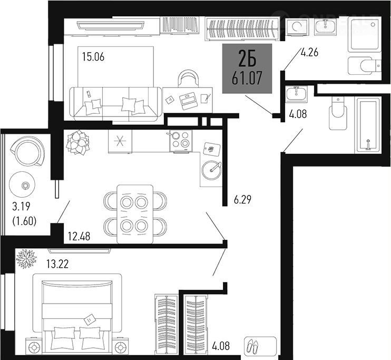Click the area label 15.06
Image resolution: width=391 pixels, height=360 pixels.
(x=93, y=57)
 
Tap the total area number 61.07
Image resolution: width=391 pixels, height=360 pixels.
(x=247, y=78)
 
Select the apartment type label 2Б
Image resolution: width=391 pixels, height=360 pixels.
(x=247, y=59)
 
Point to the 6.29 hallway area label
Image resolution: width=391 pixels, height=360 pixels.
(x=242, y=200)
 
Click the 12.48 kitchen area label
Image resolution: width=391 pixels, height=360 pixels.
(x=79, y=236)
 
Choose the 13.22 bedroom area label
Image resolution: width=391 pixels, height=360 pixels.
(x=57, y=264)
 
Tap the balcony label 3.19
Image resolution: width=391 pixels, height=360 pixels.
(x=21, y=206)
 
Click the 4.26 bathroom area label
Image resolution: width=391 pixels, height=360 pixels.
(x=310, y=52)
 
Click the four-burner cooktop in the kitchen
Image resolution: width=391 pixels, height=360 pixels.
(x=181, y=140)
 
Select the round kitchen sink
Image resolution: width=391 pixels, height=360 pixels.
(x=211, y=170)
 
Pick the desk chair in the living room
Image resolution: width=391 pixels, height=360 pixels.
(x=189, y=79)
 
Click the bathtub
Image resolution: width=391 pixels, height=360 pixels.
(x=368, y=125)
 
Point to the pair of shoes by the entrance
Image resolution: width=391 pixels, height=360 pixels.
(x=252, y=346)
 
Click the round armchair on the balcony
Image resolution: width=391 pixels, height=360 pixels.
(x=28, y=151)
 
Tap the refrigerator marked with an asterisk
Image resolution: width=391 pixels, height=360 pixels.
(x=120, y=141)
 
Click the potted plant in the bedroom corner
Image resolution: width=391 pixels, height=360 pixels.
(x=26, y=258)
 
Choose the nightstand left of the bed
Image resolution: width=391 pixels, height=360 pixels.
(x=34, y=346)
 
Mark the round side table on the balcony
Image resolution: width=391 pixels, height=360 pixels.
(x=22, y=184)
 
